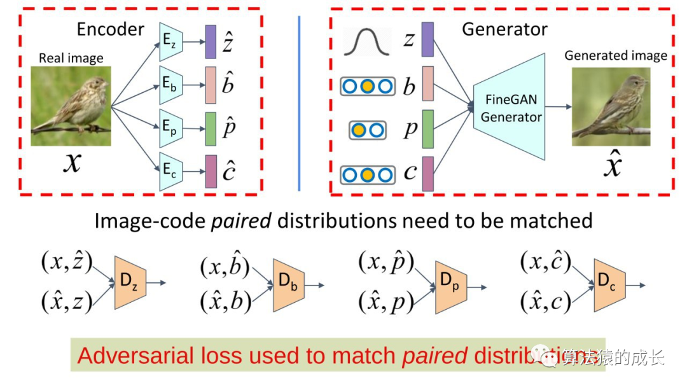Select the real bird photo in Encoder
(71, 106)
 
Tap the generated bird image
(611, 106)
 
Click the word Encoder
(111, 29)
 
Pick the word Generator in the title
(504, 29)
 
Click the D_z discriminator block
(130, 283)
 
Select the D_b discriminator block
(288, 286)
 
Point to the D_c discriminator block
(609, 285)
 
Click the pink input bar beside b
(427, 85)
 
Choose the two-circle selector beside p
(367, 130)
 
